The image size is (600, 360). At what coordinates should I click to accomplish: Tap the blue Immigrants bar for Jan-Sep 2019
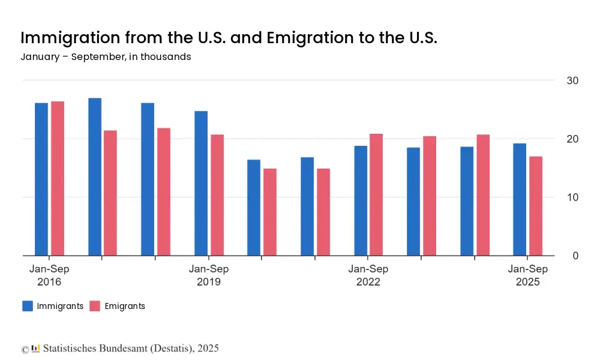coord(201,183)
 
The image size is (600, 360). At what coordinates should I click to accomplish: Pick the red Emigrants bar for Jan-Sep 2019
coord(217,194)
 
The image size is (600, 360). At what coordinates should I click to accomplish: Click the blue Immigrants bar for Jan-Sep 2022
coord(361,200)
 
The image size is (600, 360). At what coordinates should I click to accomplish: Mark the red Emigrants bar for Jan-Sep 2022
coord(376,194)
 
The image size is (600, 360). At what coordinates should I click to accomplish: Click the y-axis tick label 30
coord(572,81)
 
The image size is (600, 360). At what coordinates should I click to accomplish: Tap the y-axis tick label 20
coord(572,139)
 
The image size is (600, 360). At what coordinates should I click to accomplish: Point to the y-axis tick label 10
coord(572,197)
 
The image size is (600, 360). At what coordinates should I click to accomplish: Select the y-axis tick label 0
coord(575,256)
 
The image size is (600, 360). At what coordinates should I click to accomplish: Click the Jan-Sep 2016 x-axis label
coord(49,275)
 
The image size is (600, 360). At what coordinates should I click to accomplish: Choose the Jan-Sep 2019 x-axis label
coord(209,275)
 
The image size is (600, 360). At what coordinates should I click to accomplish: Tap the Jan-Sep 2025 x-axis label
coord(528,275)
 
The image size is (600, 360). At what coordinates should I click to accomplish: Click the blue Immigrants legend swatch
coord(28,306)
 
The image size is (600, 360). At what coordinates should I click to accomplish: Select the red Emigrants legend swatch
coord(95,306)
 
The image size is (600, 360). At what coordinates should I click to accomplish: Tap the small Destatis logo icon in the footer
coord(36,348)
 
